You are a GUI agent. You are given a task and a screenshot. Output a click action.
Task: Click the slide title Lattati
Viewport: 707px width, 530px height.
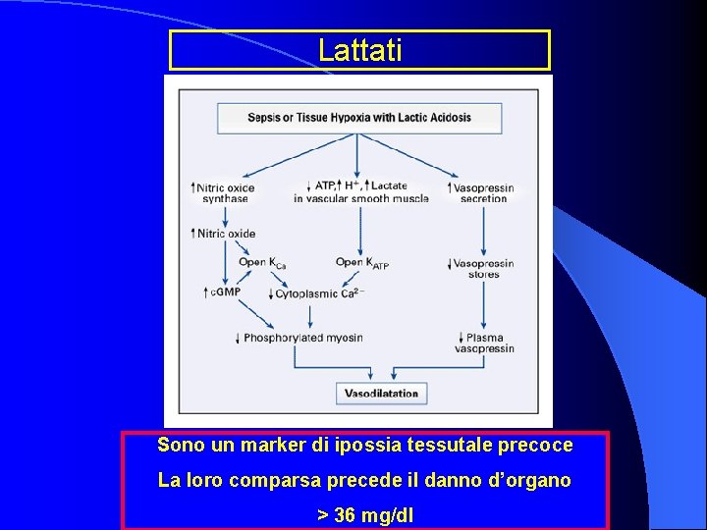(x=359, y=50)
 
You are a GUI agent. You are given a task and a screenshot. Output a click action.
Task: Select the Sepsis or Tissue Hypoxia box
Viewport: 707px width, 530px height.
(x=359, y=118)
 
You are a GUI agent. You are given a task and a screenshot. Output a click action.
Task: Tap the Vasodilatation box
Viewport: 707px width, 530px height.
(x=381, y=394)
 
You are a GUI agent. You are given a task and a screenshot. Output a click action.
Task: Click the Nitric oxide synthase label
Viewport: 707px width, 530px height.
(x=225, y=192)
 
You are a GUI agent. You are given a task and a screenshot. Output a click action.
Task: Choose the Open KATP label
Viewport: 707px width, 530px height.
(x=362, y=263)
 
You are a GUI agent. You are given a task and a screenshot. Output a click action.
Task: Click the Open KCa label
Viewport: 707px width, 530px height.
(x=262, y=263)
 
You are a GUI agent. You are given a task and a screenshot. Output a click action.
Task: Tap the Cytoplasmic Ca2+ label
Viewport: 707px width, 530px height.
(x=319, y=293)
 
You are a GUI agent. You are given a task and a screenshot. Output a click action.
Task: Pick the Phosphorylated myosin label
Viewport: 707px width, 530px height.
(x=302, y=338)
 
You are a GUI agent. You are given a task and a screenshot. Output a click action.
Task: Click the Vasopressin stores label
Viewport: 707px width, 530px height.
(x=482, y=269)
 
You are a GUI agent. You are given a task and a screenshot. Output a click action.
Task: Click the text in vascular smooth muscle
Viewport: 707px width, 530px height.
(x=360, y=198)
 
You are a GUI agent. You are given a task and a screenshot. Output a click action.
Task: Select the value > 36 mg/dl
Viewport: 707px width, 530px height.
(x=364, y=514)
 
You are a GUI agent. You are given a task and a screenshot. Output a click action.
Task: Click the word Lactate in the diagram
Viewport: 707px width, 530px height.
(x=389, y=185)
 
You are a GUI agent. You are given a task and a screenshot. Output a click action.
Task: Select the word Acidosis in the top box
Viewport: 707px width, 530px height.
(x=448, y=118)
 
